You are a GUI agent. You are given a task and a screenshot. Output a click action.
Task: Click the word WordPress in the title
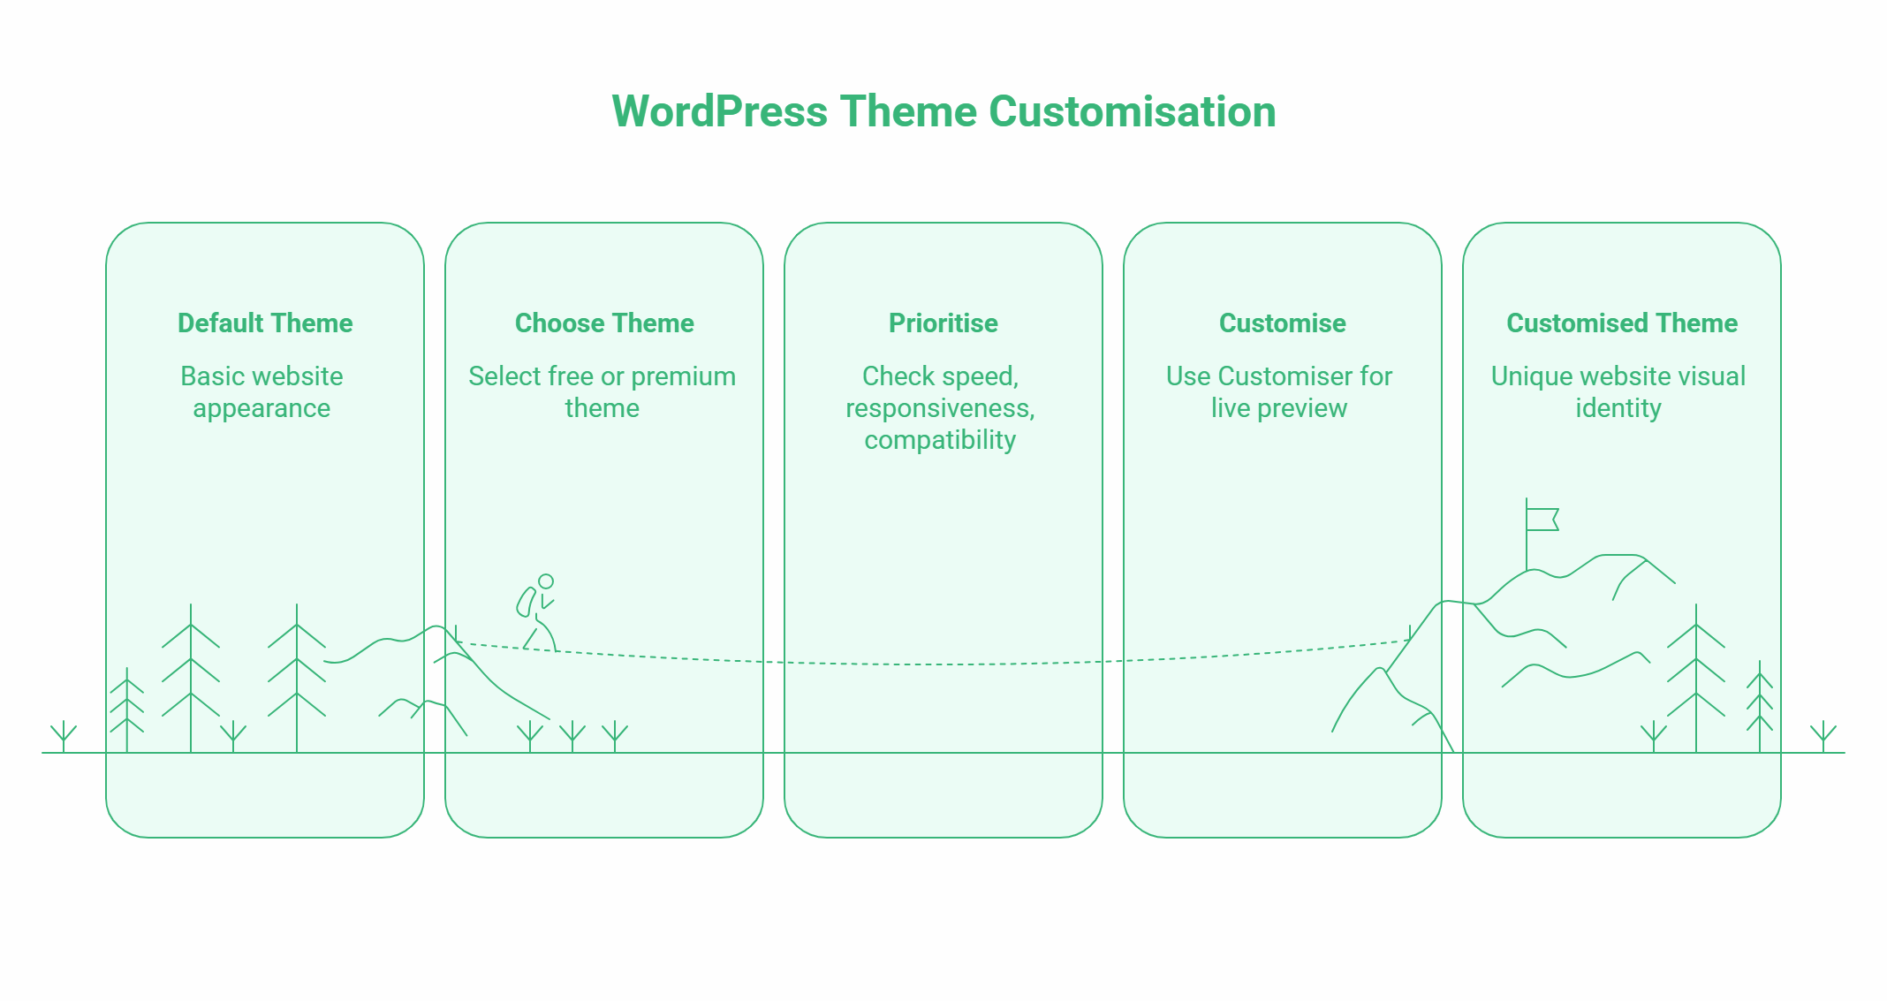point(719,112)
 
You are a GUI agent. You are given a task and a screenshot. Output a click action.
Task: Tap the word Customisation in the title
point(1132,112)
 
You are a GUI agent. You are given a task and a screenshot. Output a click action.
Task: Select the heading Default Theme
point(265,323)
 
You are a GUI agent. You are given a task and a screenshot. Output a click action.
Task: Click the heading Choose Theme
point(604,323)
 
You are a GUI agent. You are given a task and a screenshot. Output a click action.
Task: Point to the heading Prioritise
point(943,323)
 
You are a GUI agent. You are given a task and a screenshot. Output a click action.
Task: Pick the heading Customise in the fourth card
point(1282,323)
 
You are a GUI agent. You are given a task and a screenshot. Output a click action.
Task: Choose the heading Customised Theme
point(1621,323)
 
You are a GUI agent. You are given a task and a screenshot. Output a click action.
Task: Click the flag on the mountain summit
point(1542,519)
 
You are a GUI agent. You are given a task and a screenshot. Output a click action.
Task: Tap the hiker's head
point(546,581)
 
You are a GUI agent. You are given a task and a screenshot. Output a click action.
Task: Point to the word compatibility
point(940,440)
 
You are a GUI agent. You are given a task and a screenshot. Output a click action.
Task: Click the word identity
point(1618,408)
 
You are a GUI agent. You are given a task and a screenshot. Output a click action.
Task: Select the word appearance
point(261,409)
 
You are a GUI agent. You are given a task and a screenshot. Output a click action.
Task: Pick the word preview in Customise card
point(1302,409)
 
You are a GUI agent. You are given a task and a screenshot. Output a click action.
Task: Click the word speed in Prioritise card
point(976,377)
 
